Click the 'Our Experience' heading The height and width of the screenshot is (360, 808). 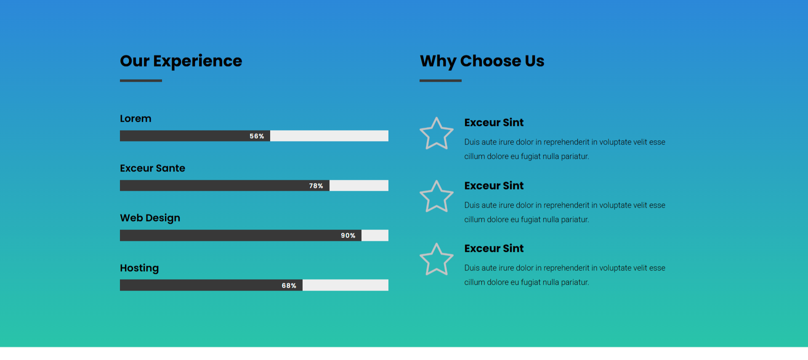181,61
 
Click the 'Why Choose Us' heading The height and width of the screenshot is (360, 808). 482,61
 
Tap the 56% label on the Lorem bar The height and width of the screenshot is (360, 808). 257,136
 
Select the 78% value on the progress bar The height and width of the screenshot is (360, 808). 316,186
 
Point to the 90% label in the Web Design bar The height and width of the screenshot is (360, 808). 348,235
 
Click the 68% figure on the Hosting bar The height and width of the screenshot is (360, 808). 289,285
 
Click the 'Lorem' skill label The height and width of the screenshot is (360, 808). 136,119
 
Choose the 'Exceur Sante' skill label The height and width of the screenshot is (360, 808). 152,168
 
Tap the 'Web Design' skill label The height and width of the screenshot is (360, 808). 150,218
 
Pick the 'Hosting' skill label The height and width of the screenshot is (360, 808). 139,268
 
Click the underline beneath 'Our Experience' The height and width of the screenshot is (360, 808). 141,80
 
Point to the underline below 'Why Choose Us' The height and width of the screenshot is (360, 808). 441,80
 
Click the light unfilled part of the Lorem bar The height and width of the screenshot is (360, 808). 329,136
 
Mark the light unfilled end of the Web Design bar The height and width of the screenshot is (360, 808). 375,235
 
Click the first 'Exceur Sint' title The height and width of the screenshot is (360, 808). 494,123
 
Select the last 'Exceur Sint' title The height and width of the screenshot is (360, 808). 494,248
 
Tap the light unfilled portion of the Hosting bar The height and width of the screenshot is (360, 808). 346,285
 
